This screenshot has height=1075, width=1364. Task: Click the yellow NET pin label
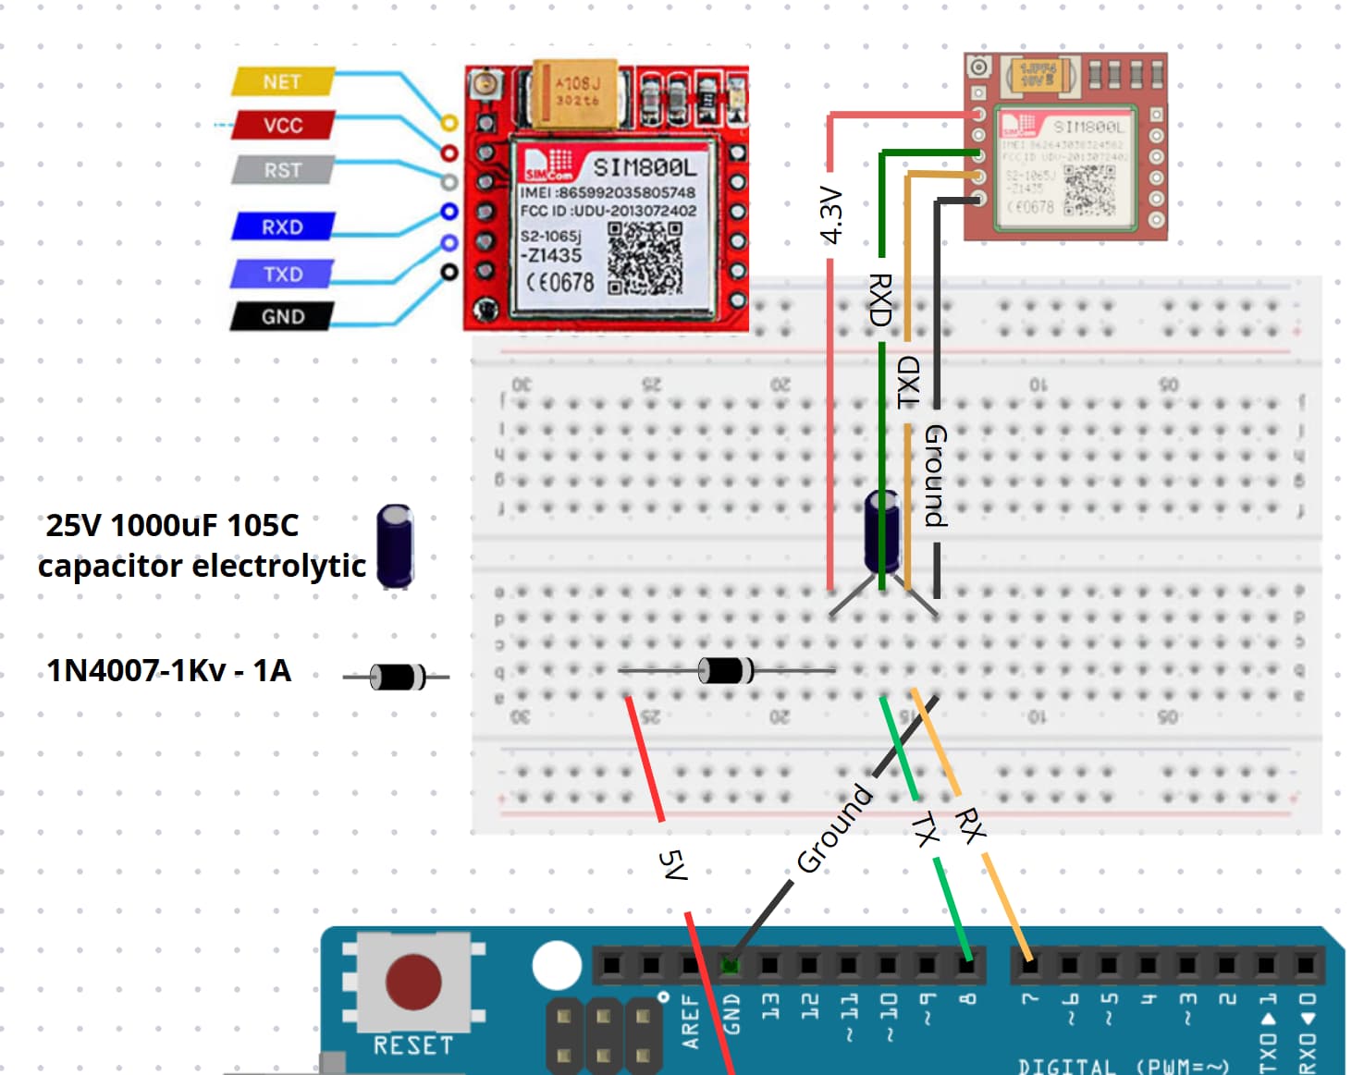[x=281, y=81]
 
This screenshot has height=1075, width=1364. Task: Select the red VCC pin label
[x=282, y=125]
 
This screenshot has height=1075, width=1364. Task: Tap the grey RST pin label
[x=282, y=170]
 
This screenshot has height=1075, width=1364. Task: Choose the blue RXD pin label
[x=282, y=226]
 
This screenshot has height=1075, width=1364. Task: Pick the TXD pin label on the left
[x=282, y=274]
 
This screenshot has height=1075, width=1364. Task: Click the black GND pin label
[x=282, y=316]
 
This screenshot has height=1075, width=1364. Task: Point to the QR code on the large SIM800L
[x=645, y=259]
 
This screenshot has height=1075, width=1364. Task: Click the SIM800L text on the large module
[x=644, y=167]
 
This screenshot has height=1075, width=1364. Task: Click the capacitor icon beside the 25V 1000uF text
[x=395, y=545]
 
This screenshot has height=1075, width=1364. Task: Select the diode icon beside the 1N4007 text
[x=397, y=677]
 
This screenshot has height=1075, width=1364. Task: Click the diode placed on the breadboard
[x=725, y=670]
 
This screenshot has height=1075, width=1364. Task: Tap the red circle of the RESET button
[x=412, y=982]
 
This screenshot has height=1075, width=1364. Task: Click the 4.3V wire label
[x=831, y=215]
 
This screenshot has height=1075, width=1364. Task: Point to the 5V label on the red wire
[x=673, y=865]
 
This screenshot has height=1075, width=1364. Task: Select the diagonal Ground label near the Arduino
[x=834, y=828]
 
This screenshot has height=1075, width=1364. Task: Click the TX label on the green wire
[x=925, y=829]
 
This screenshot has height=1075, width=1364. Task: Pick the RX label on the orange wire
[x=970, y=825]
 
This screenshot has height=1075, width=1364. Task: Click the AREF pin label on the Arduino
[x=690, y=1021]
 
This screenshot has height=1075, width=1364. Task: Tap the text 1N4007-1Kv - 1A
[x=168, y=670]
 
